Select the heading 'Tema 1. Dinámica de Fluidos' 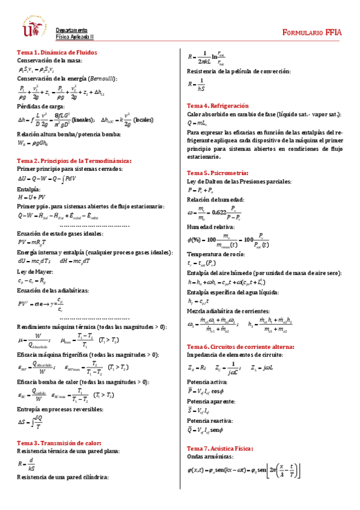click(55, 52)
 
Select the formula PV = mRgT click(37, 242)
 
